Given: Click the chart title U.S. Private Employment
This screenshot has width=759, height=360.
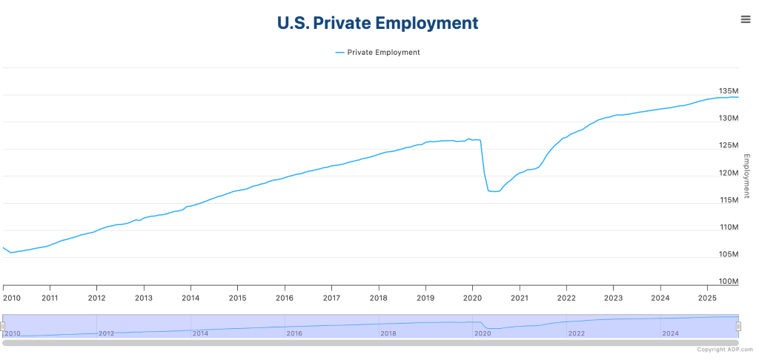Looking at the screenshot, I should click(x=377, y=23).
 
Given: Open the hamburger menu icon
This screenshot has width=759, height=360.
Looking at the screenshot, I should click(x=746, y=19).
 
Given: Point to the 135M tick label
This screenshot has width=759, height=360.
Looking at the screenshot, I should click(x=729, y=91).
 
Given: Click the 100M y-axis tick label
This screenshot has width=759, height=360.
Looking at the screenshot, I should click(x=729, y=281).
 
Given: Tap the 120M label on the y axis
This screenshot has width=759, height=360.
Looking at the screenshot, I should click(x=729, y=173).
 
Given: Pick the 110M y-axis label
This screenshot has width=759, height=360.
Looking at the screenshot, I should click(x=729, y=227).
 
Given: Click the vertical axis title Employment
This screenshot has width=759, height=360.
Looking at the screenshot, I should click(x=747, y=176).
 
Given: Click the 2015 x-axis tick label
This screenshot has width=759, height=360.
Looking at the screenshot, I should click(x=237, y=298).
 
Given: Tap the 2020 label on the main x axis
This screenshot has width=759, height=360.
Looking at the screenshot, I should click(x=472, y=298).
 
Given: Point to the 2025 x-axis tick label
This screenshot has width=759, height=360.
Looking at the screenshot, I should click(x=707, y=298).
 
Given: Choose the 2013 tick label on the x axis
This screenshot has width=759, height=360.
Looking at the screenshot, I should click(x=144, y=298).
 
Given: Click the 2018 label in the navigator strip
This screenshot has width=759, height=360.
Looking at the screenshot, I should click(x=388, y=333).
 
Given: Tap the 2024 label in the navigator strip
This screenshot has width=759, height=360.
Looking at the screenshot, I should click(x=671, y=333).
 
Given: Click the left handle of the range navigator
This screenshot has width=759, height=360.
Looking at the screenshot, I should click(x=3, y=326).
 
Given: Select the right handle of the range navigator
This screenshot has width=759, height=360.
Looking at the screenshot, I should click(x=738, y=326).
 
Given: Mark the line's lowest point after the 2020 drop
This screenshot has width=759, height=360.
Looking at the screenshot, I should click(x=494, y=192).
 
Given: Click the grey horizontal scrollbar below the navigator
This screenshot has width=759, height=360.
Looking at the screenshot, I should click(x=371, y=343).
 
